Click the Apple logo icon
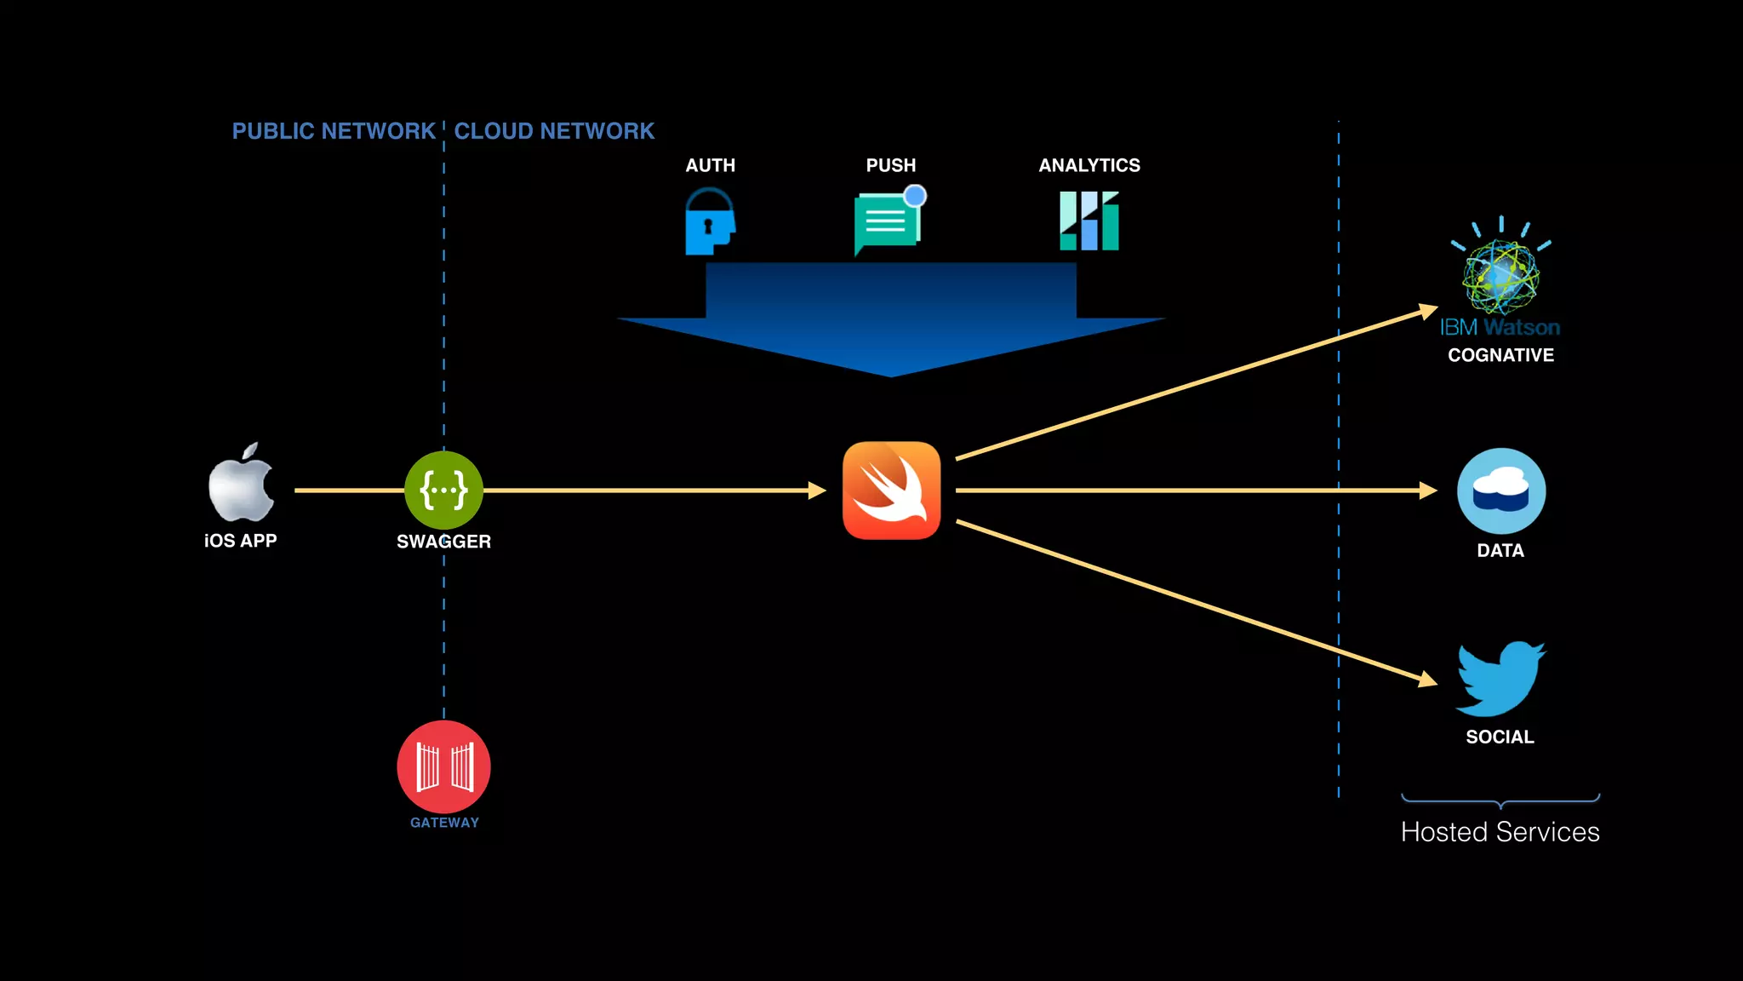pyautogui.click(x=242, y=484)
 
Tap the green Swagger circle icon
pyautogui.click(x=443, y=490)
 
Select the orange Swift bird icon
pyautogui.click(x=891, y=490)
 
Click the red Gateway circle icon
pyautogui.click(x=443, y=766)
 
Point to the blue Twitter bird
pyautogui.click(x=1500, y=680)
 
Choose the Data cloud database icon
pyautogui.click(x=1501, y=491)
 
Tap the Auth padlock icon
pyautogui.click(x=710, y=222)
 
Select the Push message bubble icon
pyautogui.click(x=888, y=221)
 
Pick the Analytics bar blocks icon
pyautogui.click(x=1089, y=221)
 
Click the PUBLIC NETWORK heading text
pyautogui.click(x=334, y=131)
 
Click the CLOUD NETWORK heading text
pyautogui.click(x=554, y=131)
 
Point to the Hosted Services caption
pyautogui.click(x=1500, y=832)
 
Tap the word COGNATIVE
pyautogui.click(x=1500, y=355)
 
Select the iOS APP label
pyautogui.click(x=241, y=541)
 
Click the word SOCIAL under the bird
pyautogui.click(x=1500, y=737)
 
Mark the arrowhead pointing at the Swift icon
pyautogui.click(x=818, y=490)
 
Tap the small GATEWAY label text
pyautogui.click(x=444, y=823)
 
